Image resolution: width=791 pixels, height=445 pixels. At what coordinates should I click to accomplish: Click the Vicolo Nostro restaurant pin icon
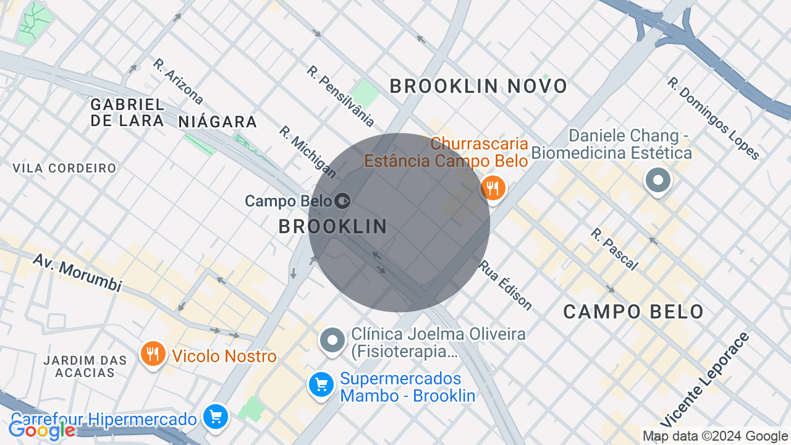(153, 354)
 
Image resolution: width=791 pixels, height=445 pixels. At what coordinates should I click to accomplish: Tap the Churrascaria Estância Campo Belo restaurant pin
(493, 188)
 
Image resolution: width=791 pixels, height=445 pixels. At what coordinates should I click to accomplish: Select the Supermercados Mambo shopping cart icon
(321, 386)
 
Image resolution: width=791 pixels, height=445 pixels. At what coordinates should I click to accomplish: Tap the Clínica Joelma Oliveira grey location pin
(332, 340)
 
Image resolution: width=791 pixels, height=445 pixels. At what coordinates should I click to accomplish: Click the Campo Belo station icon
(342, 201)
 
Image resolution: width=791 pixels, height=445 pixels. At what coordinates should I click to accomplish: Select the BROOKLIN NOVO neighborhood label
(478, 87)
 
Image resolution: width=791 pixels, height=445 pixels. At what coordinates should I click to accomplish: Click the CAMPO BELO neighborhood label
(633, 311)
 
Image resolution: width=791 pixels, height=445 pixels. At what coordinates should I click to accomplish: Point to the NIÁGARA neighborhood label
(218, 122)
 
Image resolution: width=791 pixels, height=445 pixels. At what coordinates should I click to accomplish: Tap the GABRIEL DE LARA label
(127, 112)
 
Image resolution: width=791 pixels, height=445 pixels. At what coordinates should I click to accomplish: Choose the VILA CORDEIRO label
(64, 168)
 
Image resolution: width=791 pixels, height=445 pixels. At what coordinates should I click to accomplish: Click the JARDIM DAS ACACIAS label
(85, 367)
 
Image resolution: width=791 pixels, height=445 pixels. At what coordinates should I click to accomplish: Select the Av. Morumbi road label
(77, 273)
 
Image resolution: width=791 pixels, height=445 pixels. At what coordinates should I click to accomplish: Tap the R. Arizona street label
(179, 81)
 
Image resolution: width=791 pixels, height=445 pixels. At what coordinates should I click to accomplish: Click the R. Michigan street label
(307, 152)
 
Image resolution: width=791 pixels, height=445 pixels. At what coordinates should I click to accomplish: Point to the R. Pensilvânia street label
(341, 96)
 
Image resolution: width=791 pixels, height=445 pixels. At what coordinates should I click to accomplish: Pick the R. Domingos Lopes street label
(713, 117)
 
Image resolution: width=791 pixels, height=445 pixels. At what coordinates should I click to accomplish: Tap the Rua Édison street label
(505, 284)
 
